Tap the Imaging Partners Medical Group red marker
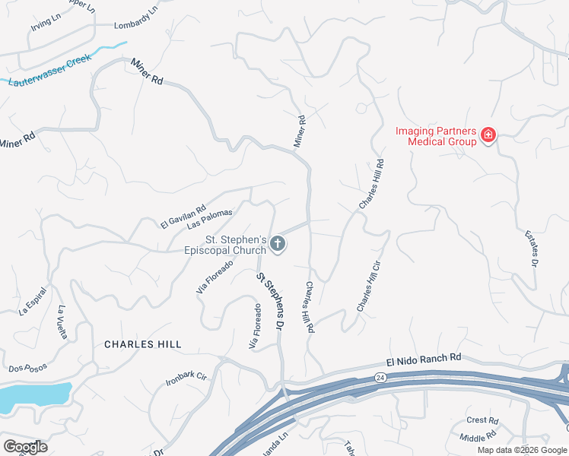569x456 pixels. point(488,137)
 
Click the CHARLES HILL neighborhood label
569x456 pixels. point(143,344)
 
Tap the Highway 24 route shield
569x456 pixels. point(380,377)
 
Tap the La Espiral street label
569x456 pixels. point(33,301)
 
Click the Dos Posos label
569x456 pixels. point(28,368)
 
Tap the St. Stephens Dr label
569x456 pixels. point(270,301)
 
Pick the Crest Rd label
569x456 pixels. point(482,420)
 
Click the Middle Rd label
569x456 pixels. point(478,437)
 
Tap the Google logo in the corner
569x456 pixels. point(25,447)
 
